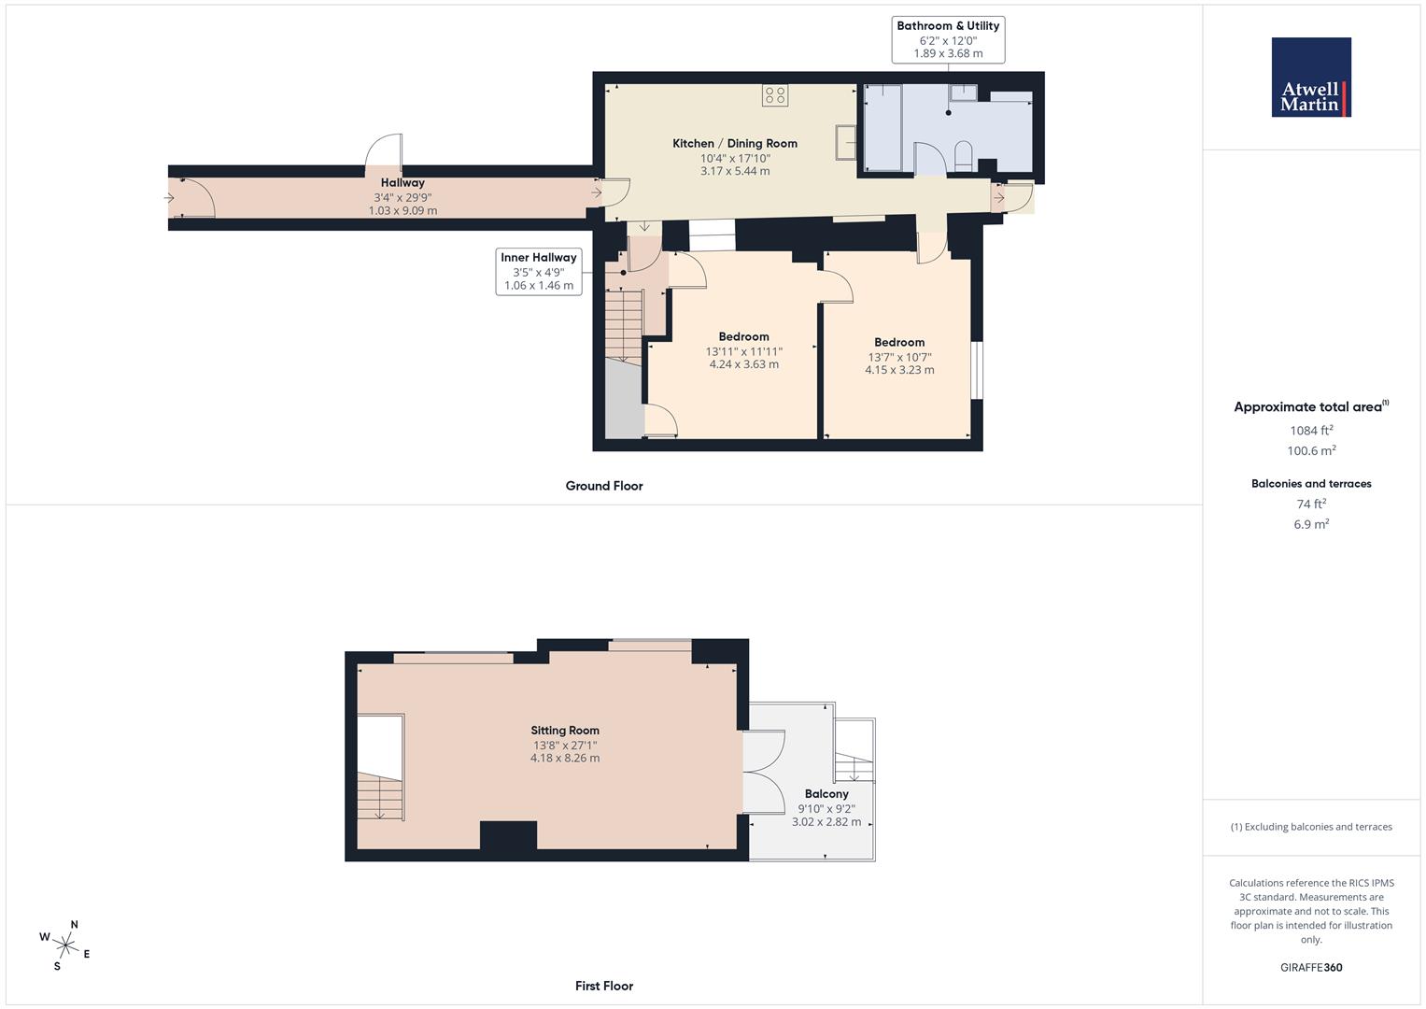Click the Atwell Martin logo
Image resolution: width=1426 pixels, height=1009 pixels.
[1311, 78]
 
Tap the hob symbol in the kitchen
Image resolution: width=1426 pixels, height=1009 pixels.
[775, 94]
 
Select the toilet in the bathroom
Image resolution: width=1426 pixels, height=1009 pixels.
[965, 155]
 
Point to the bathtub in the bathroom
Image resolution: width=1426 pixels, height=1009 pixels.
[882, 127]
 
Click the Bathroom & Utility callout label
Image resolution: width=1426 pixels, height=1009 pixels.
[948, 39]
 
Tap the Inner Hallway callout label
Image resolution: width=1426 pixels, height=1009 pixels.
[539, 271]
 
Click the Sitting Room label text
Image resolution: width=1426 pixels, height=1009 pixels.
[565, 731]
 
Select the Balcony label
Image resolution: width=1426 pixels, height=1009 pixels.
[826, 793]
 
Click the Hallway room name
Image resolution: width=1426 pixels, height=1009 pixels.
[402, 183]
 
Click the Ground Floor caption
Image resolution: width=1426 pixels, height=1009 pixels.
[604, 486]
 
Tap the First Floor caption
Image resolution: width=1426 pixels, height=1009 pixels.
[604, 986]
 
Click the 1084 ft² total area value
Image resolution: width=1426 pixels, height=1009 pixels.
[1311, 431]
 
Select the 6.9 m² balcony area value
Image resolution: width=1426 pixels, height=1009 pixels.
[1311, 524]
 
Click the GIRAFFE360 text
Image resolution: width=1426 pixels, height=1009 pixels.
[1311, 968]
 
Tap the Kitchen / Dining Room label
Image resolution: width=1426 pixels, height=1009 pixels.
[735, 143]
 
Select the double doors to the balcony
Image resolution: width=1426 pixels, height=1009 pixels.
[764, 772]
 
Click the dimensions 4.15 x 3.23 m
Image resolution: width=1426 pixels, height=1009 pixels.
[899, 370]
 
